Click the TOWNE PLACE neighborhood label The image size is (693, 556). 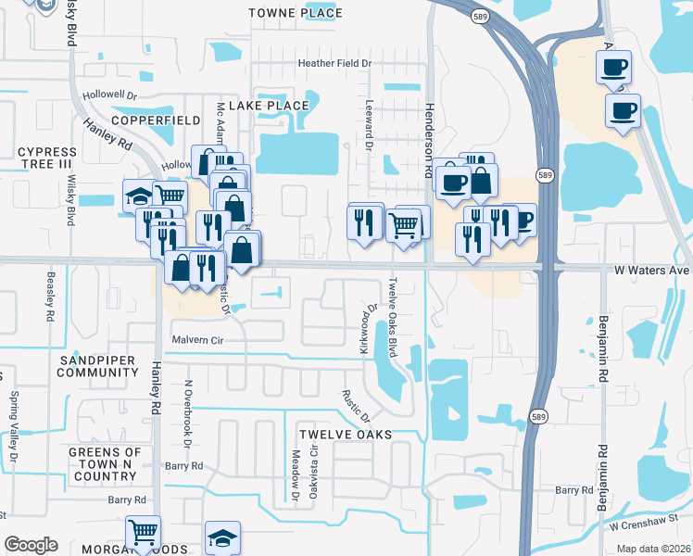(296, 13)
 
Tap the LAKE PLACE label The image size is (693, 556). (268, 106)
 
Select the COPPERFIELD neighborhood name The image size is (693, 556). (156, 121)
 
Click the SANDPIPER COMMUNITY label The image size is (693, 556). (97, 366)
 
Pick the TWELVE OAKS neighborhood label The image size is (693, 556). (345, 434)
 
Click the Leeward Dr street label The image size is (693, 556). (369, 126)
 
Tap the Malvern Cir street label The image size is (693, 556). (199, 340)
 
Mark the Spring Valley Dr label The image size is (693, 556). (14, 427)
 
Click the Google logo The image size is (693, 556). (31, 545)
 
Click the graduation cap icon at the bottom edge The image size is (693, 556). (223, 538)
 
